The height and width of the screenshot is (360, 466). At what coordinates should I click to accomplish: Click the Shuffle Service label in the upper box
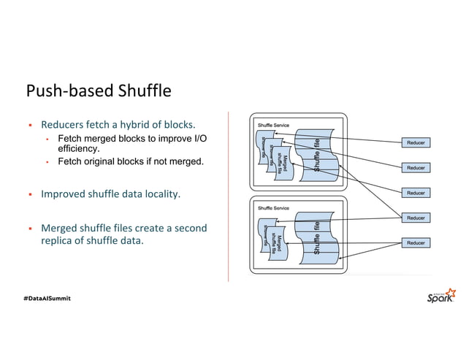272,126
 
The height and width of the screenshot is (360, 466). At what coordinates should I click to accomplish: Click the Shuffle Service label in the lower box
272,208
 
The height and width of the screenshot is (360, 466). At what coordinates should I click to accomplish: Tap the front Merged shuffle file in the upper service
285,162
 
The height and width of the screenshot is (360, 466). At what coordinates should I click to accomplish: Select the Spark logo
440,296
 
